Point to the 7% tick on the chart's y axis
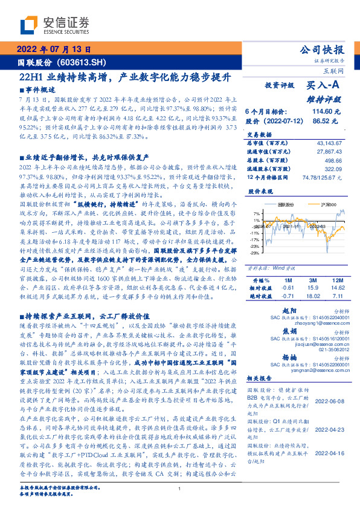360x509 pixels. tap(257, 213)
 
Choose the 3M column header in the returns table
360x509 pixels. tap(313, 280)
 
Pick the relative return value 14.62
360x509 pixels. tap(338, 288)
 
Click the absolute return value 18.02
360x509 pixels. tap(313, 296)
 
